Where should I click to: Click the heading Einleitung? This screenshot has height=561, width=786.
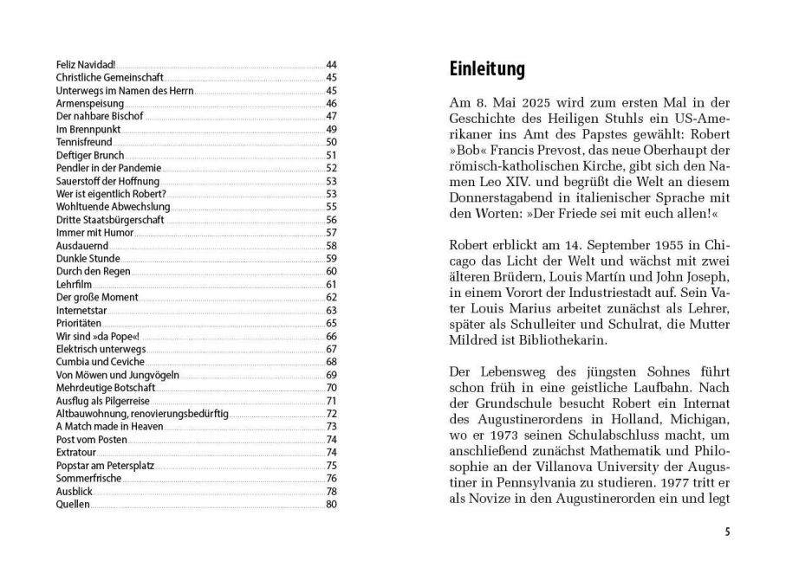tap(487, 69)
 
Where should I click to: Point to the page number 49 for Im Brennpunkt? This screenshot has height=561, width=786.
tap(331, 129)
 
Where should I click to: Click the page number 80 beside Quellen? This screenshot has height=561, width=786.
tap(331, 504)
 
